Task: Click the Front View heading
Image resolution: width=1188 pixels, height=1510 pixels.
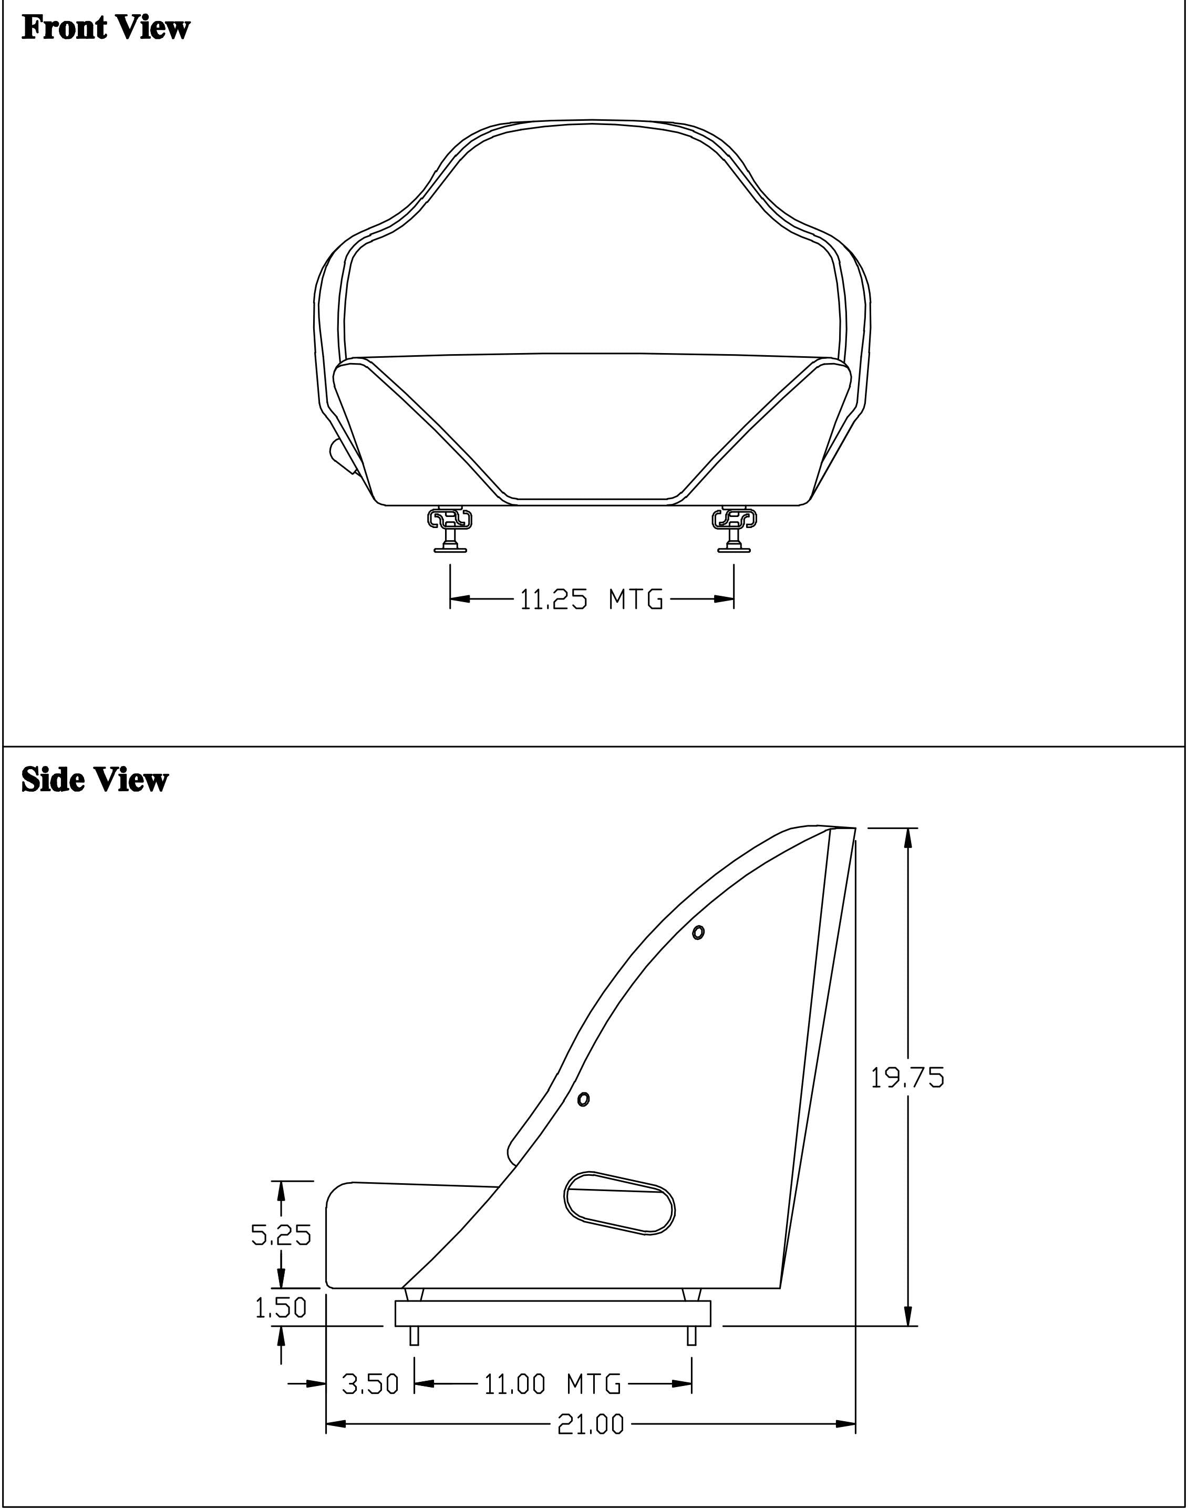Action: pyautogui.click(x=106, y=28)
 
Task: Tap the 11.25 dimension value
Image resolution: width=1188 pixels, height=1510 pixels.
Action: pyautogui.click(x=554, y=599)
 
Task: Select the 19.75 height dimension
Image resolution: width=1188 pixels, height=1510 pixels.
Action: pyautogui.click(x=908, y=1078)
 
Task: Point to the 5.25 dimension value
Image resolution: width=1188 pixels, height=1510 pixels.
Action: pyautogui.click(x=281, y=1234)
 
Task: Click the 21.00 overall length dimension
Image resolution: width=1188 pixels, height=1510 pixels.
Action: pyautogui.click(x=591, y=1425)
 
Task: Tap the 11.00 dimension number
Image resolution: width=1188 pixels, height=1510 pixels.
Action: pyautogui.click(x=515, y=1384)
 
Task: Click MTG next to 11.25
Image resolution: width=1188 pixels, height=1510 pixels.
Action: pyautogui.click(x=636, y=599)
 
